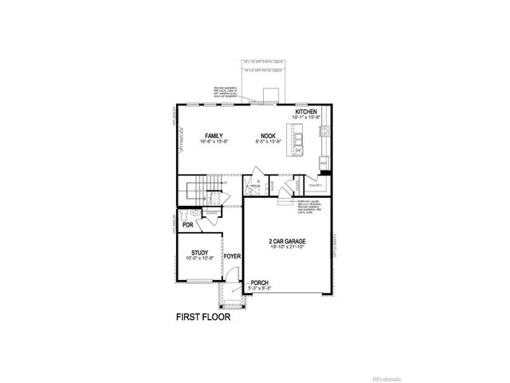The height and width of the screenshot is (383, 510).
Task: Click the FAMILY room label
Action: (x=213, y=136)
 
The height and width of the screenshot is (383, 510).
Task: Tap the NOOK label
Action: (x=266, y=136)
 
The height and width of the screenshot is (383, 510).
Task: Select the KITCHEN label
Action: (x=307, y=112)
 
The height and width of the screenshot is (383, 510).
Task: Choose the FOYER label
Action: (x=233, y=256)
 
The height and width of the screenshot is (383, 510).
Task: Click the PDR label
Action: (x=188, y=226)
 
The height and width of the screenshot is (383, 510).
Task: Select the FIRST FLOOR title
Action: (x=203, y=316)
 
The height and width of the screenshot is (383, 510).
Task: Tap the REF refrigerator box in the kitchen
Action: (x=324, y=163)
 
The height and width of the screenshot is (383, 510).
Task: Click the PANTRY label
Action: (x=315, y=184)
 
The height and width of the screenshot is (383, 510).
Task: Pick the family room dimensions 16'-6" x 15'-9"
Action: (x=213, y=142)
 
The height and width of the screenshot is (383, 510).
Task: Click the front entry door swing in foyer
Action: (x=230, y=275)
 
